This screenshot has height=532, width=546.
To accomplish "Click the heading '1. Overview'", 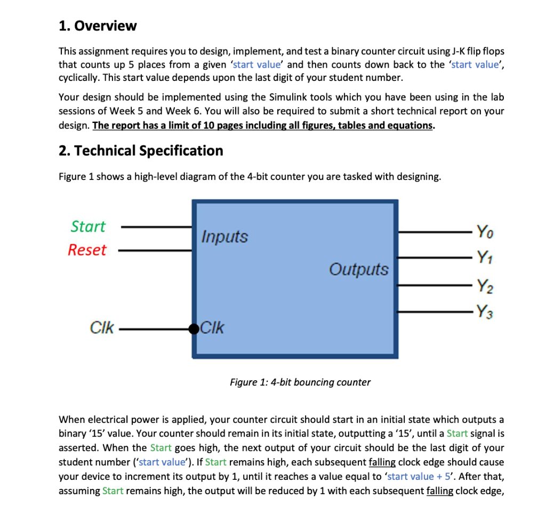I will point(98,26).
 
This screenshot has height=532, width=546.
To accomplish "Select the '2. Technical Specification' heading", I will point(141,151).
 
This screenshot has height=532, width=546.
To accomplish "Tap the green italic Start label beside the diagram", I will point(88,226).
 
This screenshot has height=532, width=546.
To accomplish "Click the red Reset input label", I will point(87,250).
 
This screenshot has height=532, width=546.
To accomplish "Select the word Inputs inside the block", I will point(224,236).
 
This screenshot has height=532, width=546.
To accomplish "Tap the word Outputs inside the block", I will point(358,269).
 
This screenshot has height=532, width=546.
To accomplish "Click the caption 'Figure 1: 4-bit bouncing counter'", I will point(300,382).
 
